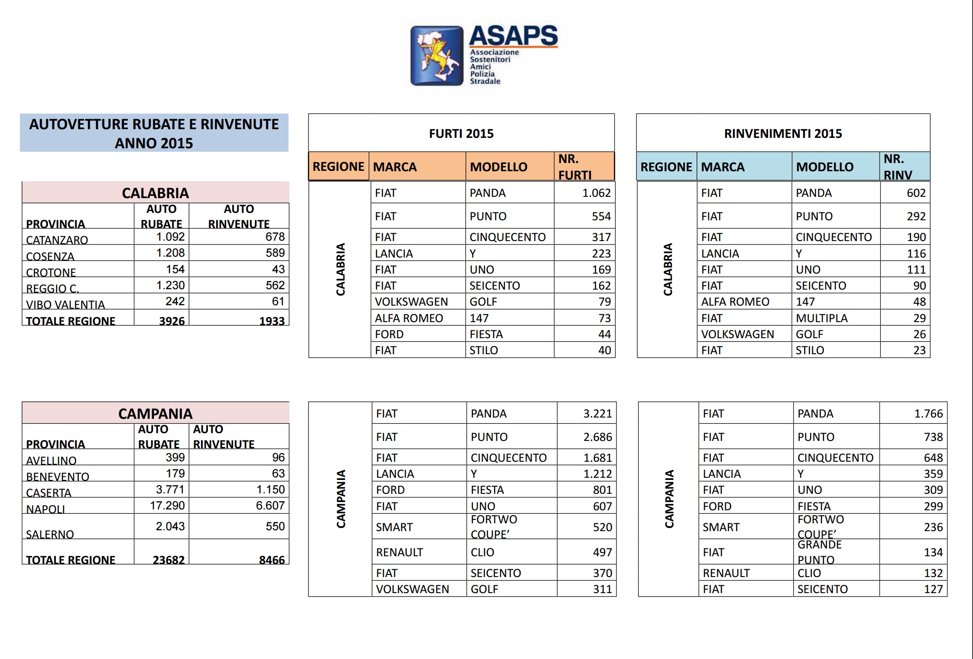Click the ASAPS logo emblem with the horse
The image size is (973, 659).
(x=437, y=55)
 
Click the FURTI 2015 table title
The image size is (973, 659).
(x=461, y=134)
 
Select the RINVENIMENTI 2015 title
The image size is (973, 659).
(x=783, y=134)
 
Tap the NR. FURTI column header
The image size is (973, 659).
(x=575, y=167)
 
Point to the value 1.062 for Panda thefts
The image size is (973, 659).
(x=596, y=193)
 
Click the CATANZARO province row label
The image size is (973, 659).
(x=57, y=240)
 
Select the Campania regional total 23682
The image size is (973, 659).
(x=169, y=560)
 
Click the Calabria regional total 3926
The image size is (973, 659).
(x=172, y=321)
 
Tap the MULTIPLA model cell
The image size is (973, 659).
(x=821, y=318)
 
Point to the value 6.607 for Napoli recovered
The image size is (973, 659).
(x=270, y=506)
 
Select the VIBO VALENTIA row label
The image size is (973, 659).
(x=65, y=304)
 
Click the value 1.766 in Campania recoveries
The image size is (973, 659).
(x=928, y=414)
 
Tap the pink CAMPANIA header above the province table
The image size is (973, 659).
(x=155, y=413)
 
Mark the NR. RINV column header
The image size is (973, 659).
(x=898, y=167)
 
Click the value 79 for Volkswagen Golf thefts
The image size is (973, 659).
(x=604, y=302)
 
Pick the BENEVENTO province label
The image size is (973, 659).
(x=58, y=476)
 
